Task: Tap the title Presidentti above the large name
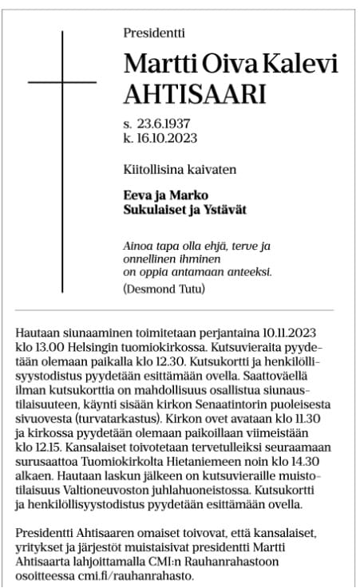[154, 33]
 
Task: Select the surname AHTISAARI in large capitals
[193, 95]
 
